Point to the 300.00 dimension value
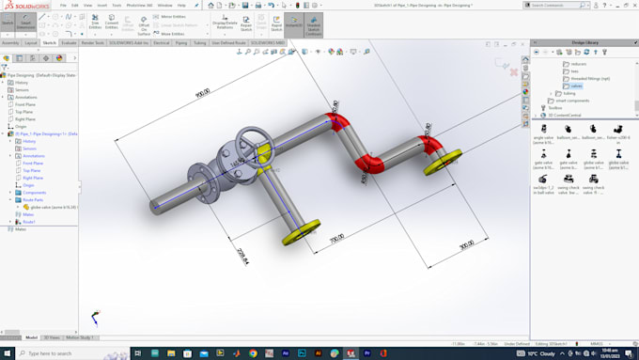click(466, 244)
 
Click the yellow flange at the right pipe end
click(442, 161)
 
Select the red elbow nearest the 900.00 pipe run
click(335, 121)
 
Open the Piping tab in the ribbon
click(181, 42)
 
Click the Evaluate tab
click(70, 42)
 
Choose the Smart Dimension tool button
click(25, 23)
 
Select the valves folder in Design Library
click(576, 86)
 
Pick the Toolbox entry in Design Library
click(554, 108)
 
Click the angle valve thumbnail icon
click(543, 130)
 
